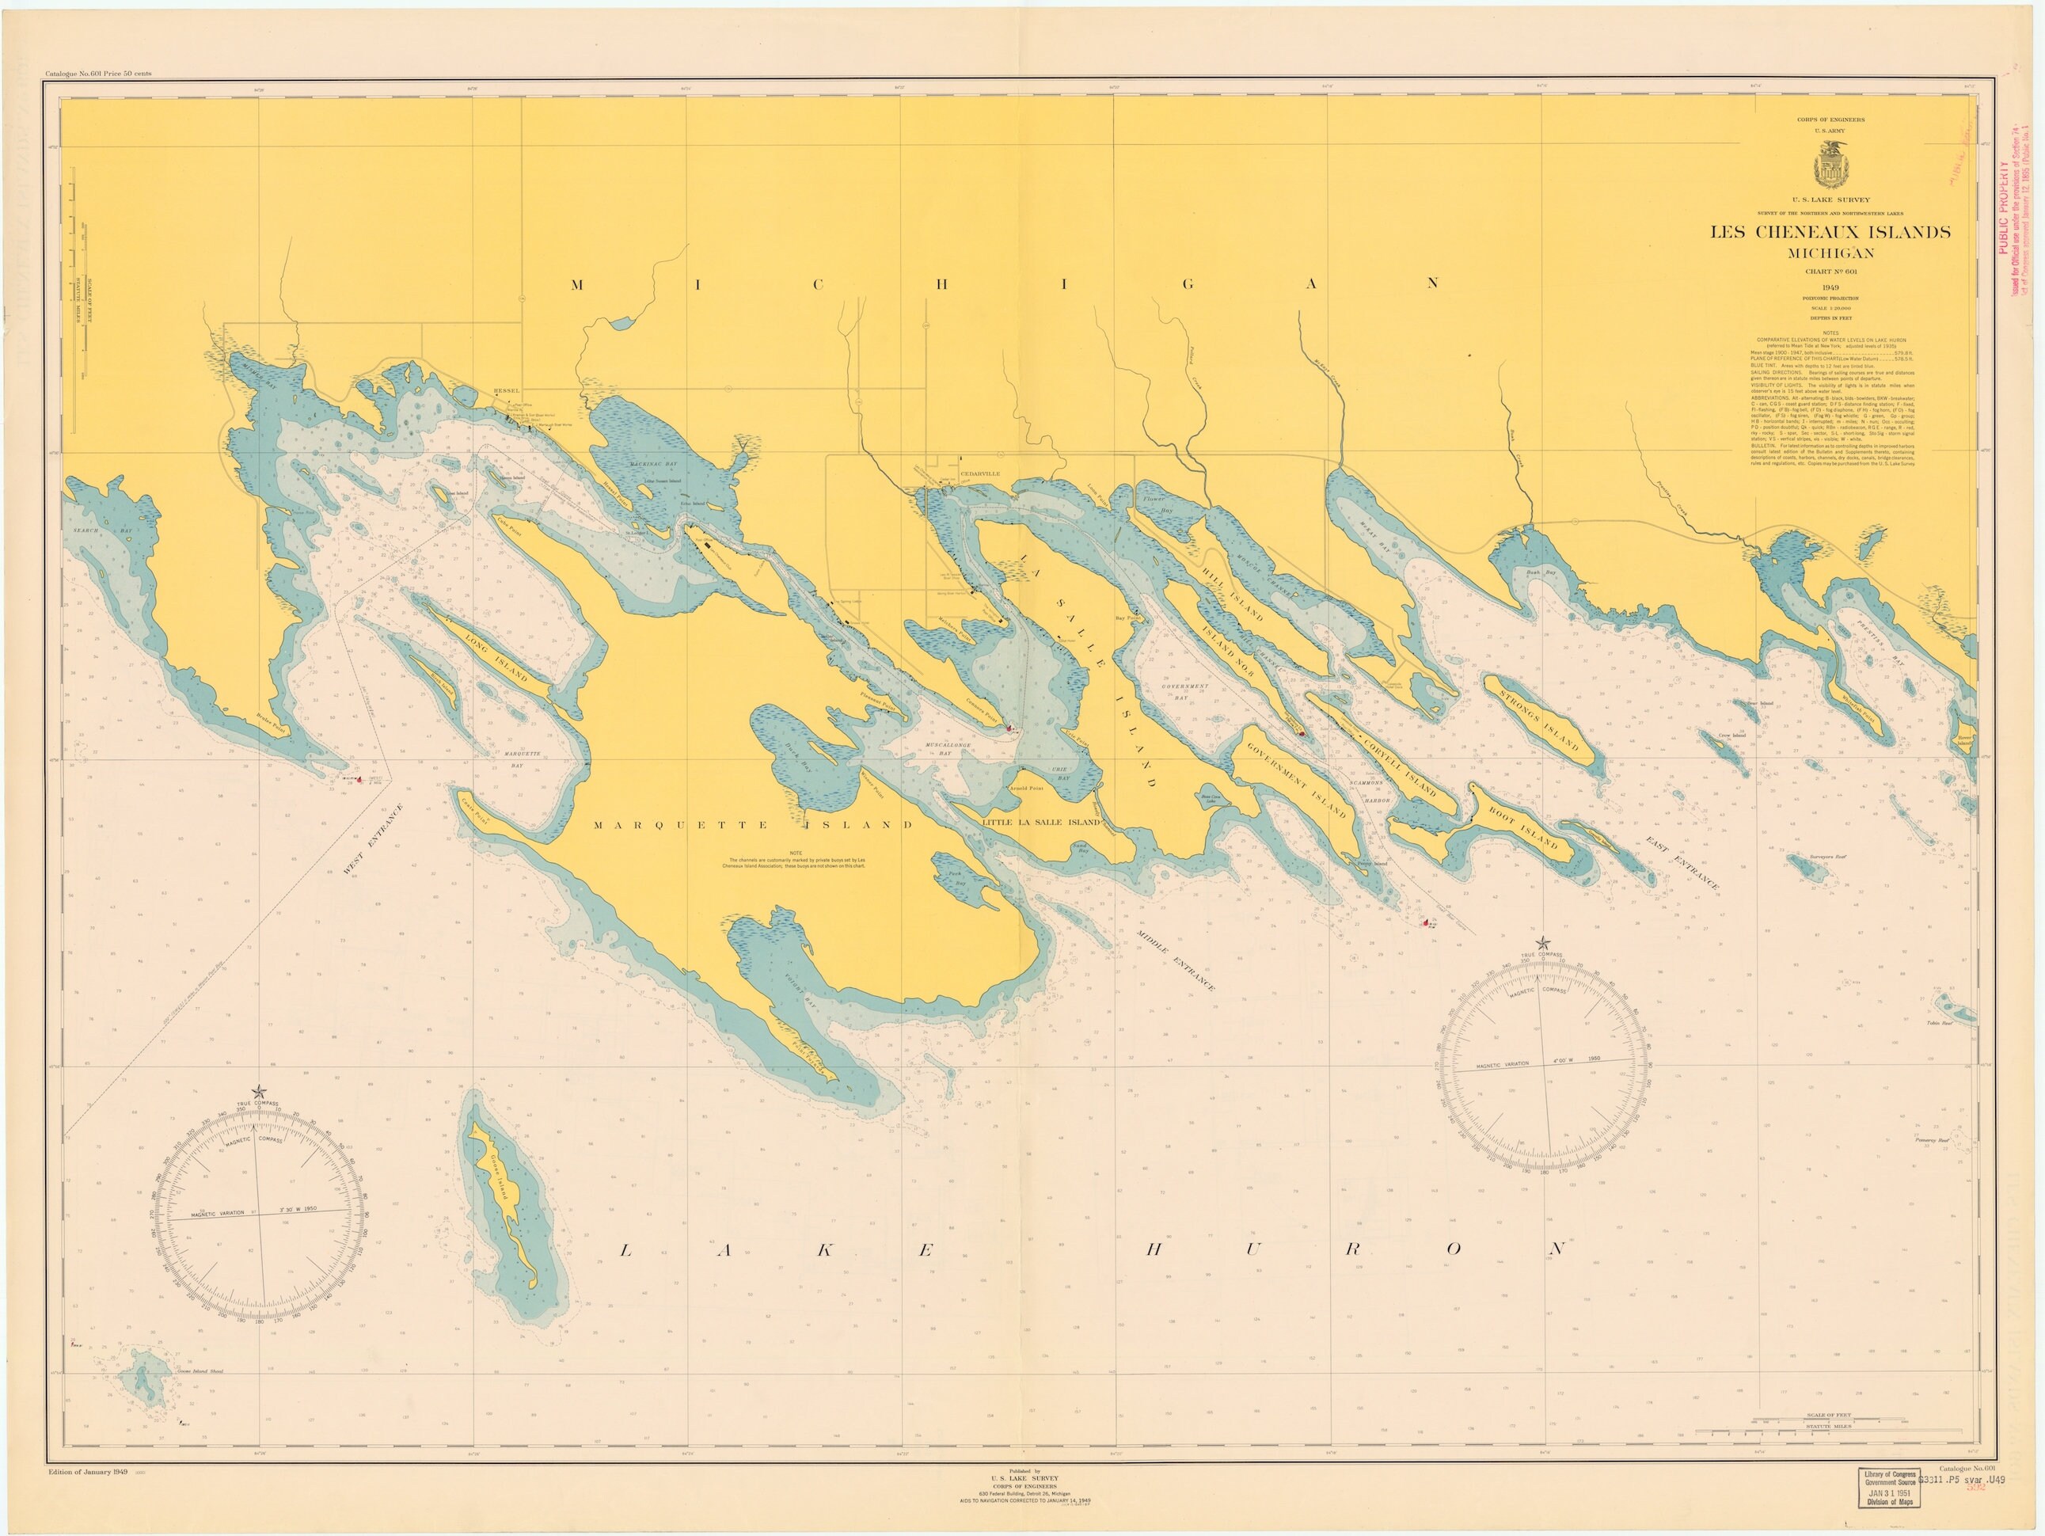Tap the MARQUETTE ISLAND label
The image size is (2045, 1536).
[753, 824]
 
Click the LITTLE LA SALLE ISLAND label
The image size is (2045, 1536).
[1041, 822]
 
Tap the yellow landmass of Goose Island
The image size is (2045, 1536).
[505, 1198]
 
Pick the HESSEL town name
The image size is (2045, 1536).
[507, 391]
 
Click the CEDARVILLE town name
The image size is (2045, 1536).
[981, 473]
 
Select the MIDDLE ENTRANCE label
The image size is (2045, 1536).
[1175, 960]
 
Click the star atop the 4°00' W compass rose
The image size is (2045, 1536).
[1542, 942]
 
